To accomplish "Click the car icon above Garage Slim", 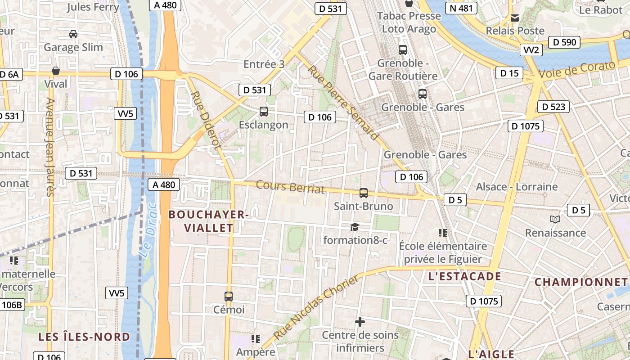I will coord(73,34).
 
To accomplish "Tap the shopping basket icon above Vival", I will coord(56,71).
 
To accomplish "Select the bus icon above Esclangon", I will coord(264,111).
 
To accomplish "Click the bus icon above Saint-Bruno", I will coord(364,193).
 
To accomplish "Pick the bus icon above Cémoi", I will coord(229,296).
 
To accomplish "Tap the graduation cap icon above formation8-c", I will coord(355,227).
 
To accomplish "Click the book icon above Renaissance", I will coord(556,220).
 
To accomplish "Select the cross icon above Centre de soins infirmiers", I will coord(360,322).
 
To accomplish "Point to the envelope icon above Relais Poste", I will coord(515,18).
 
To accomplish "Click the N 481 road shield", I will coord(461,8).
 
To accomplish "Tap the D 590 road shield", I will coord(564,42).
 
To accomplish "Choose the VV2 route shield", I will coord(531,50).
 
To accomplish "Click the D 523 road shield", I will coord(553,107).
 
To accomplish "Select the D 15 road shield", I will coord(509,73).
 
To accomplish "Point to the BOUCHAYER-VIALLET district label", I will coord(209,221).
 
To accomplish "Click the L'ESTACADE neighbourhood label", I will coord(465,276).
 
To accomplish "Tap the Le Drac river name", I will coord(149,230).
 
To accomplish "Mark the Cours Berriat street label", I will coord(290,187).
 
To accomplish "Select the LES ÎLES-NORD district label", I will coord(84,337).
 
